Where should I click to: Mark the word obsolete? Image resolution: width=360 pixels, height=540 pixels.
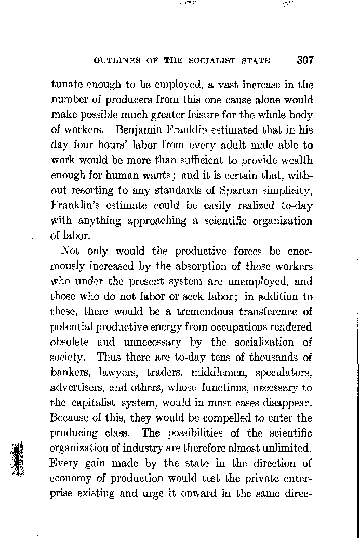(x=70, y=343)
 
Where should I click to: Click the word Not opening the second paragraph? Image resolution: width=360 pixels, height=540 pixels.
(x=70, y=251)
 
